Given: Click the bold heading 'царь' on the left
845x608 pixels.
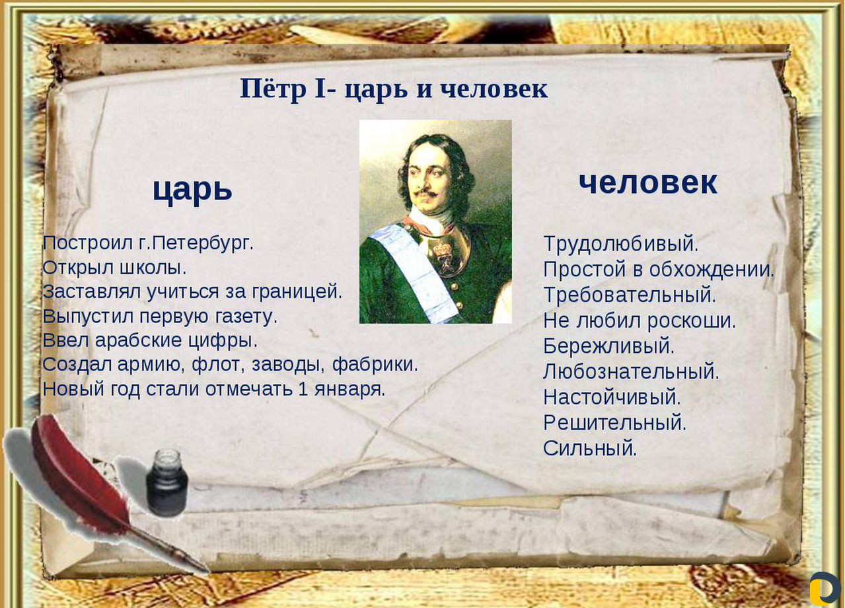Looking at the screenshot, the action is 192,190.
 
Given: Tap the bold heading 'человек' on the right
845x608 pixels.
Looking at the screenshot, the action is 647,183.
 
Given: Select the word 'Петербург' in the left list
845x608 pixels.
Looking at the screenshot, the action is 200,243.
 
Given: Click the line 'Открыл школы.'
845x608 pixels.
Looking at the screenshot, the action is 114,268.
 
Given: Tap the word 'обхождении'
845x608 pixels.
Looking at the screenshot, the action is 708,270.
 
